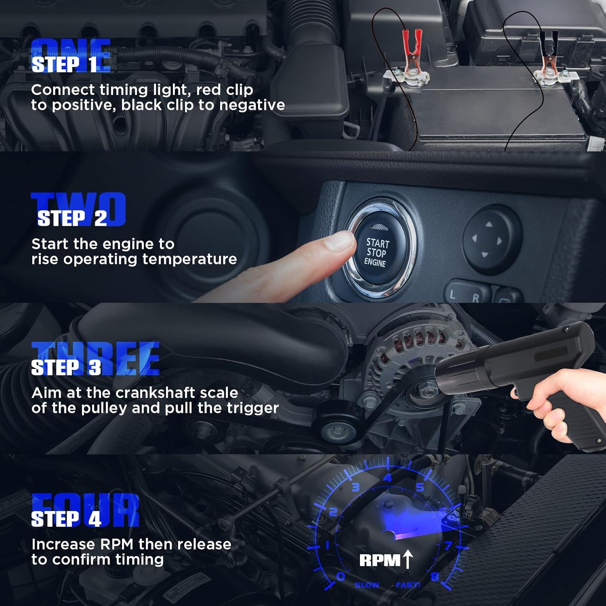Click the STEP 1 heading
pos(65,64)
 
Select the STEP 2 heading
pos(72,219)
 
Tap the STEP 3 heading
pos(66,367)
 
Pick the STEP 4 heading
pos(66,519)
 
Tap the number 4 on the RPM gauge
pos(387,478)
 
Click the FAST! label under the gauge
pos(408,585)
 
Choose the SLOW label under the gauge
pos(367,585)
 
